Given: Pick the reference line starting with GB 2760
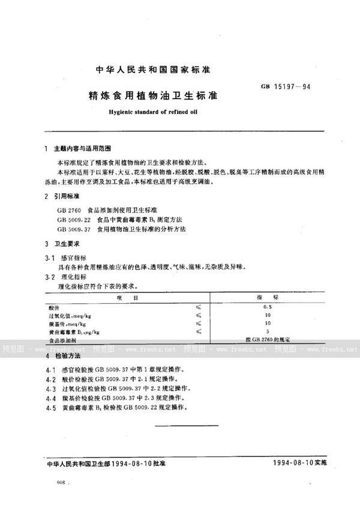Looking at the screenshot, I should pos(107,210).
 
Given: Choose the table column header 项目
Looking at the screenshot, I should pos(127,297).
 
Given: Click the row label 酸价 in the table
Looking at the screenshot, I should pos(55,306).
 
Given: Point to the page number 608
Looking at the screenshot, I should pos(61,482).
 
